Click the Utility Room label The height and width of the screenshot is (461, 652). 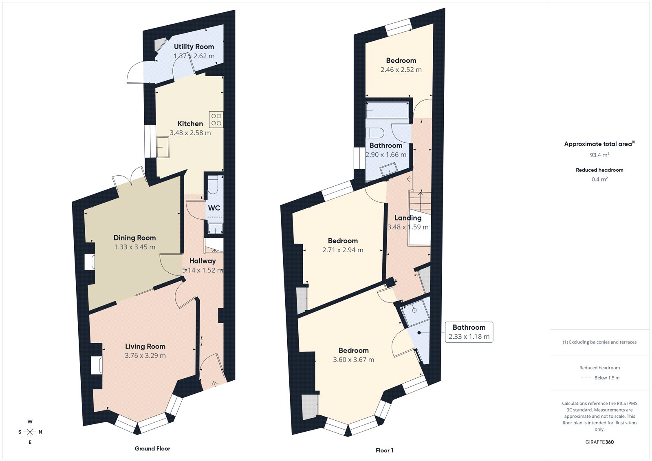click(x=194, y=46)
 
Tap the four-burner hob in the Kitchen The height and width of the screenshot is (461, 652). click(x=216, y=119)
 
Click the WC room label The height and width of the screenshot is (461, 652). click(x=214, y=208)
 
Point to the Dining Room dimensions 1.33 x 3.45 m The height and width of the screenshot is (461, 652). click(x=134, y=247)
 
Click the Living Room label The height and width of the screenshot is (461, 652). click(x=145, y=346)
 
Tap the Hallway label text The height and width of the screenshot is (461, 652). click(x=203, y=261)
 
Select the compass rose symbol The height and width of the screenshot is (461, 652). click(x=30, y=432)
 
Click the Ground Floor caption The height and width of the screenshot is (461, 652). click(x=152, y=448)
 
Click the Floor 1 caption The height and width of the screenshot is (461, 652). click(x=384, y=450)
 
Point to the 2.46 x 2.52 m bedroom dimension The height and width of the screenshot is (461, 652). click(x=401, y=70)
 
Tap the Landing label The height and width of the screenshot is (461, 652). click(x=407, y=218)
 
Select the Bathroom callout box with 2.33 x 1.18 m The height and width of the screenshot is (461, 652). click(x=469, y=332)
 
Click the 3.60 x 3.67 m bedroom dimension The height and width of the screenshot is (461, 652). click(x=353, y=360)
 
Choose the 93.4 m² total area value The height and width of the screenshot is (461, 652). click(x=599, y=155)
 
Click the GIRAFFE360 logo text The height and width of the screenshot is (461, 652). click(x=599, y=442)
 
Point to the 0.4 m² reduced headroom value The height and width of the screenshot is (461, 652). click(x=599, y=179)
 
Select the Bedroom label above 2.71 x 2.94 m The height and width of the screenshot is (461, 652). click(x=343, y=241)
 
